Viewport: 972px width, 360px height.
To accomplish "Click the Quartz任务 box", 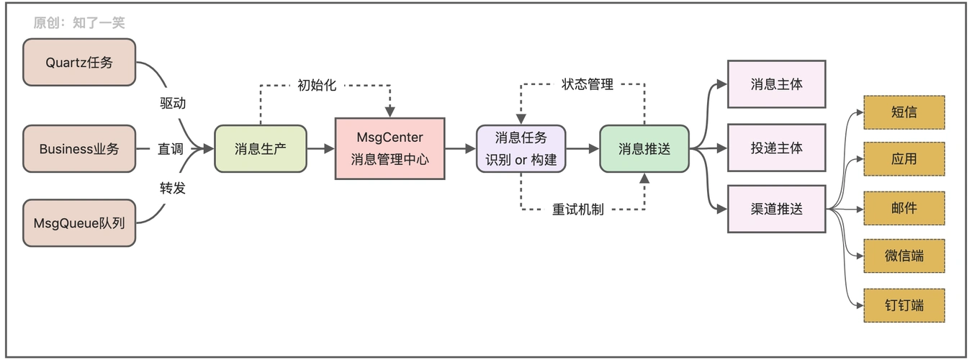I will [x=79, y=63].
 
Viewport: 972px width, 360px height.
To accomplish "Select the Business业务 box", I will [x=79, y=149].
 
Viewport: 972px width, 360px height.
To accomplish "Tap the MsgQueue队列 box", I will [x=79, y=223].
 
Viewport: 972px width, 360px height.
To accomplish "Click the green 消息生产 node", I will [x=261, y=149].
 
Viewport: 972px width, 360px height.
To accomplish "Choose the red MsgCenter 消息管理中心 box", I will [x=390, y=148].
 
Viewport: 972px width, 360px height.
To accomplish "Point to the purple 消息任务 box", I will [x=521, y=148].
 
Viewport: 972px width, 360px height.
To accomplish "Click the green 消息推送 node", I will [x=644, y=149].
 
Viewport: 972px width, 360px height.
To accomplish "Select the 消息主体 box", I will [x=776, y=84].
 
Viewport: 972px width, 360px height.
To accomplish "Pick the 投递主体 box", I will [x=776, y=148].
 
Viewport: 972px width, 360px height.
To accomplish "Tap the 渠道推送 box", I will [x=776, y=209].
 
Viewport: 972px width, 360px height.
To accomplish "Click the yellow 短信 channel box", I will [x=904, y=112].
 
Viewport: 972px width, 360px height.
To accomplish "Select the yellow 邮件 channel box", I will [x=904, y=208].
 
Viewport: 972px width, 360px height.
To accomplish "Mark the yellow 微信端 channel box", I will [x=904, y=256].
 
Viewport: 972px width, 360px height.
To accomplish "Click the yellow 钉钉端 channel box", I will [x=904, y=305].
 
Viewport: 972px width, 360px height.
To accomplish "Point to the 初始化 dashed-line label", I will [x=317, y=85].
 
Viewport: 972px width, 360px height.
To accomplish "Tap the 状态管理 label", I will [x=587, y=85].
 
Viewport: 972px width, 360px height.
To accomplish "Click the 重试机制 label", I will [x=577, y=210].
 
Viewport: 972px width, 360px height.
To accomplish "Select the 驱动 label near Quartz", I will [x=173, y=103].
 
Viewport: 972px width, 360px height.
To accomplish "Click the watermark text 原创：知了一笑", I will [x=79, y=23].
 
